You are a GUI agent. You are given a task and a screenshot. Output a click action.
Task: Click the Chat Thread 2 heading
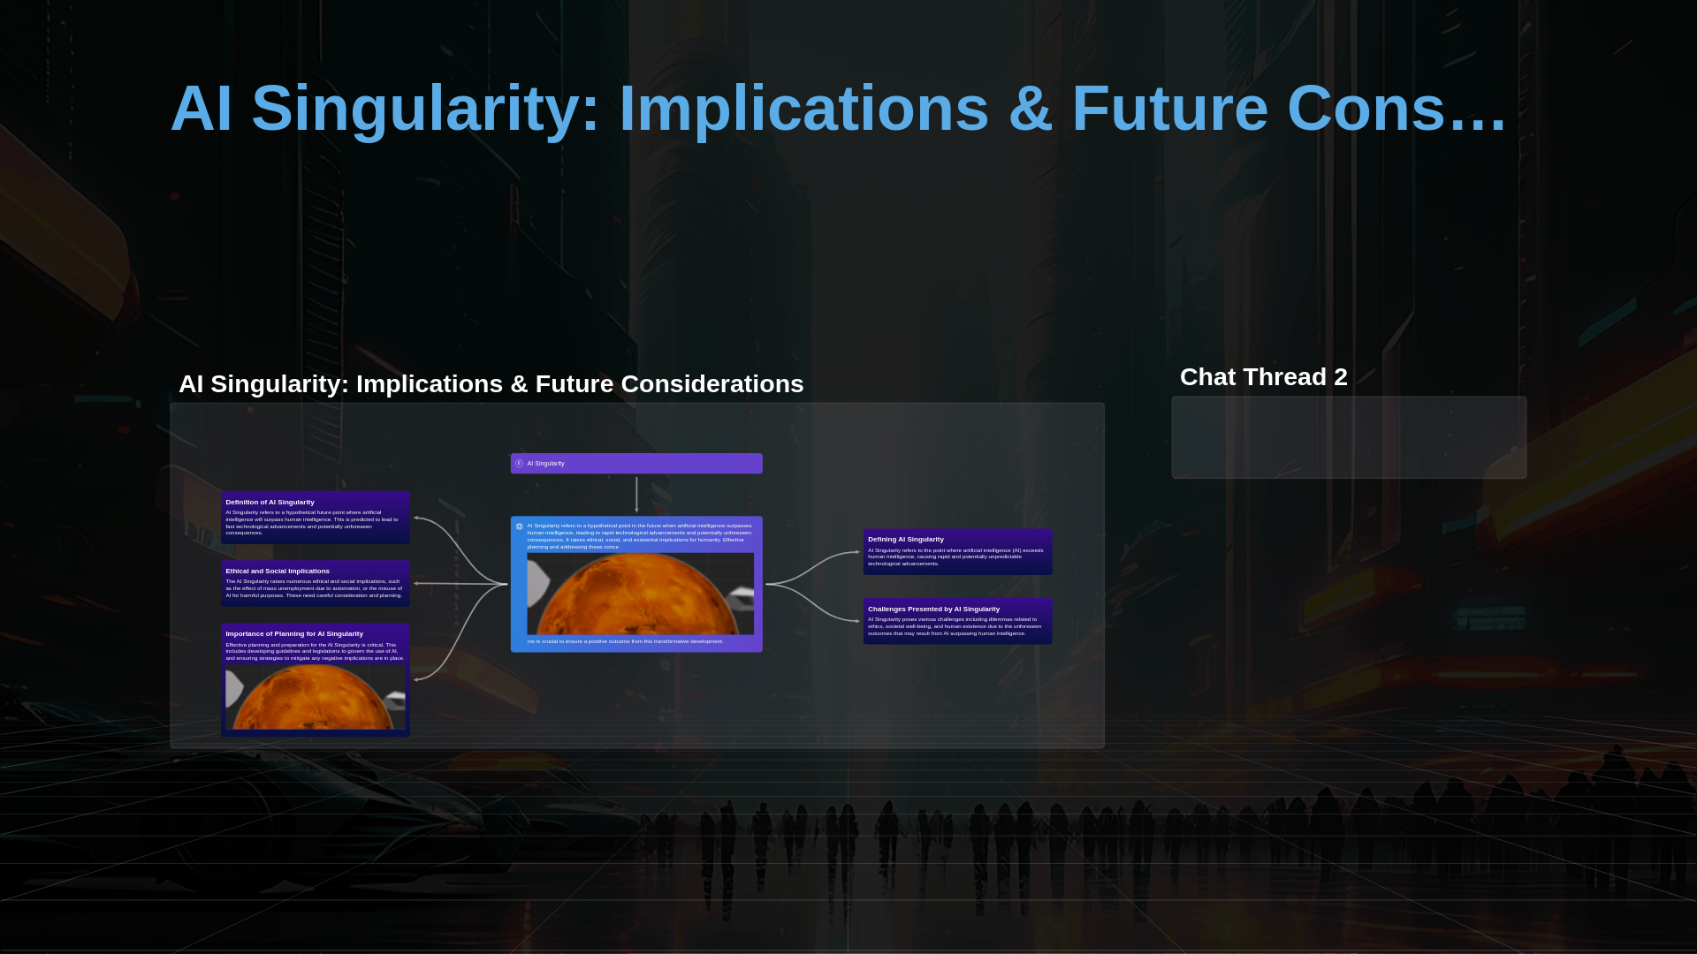pos(1263,377)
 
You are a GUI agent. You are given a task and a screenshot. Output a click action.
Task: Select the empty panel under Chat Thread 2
pos(1348,437)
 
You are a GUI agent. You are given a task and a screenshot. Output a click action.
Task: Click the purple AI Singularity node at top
pos(636,464)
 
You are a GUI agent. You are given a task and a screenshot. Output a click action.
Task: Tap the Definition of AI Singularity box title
pos(270,502)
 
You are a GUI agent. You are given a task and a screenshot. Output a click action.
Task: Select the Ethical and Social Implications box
pos(315,584)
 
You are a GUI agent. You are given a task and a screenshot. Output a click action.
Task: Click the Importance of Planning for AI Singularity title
pos(293,633)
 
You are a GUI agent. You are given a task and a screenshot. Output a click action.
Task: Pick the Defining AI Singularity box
pos(957,552)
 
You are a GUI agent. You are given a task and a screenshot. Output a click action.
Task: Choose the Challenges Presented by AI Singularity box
pos(957,622)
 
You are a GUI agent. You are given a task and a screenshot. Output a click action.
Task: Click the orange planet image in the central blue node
pos(640,594)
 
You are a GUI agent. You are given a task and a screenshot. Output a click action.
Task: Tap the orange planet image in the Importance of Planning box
pos(315,698)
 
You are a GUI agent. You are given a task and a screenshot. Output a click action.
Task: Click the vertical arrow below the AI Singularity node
pos(636,495)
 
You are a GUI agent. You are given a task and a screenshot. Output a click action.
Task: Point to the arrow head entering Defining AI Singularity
pos(857,552)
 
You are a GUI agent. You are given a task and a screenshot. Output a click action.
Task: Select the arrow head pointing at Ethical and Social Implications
pos(416,584)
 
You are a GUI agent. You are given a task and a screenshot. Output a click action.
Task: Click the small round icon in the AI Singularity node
pos(520,464)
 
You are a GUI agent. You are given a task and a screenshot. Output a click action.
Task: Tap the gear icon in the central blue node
pos(520,526)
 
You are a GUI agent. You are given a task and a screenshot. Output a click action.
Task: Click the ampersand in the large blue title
pos(1030,110)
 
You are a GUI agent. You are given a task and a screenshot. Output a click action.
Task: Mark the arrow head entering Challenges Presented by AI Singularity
pos(857,621)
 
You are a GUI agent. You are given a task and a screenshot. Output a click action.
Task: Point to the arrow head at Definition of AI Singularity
pos(416,519)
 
